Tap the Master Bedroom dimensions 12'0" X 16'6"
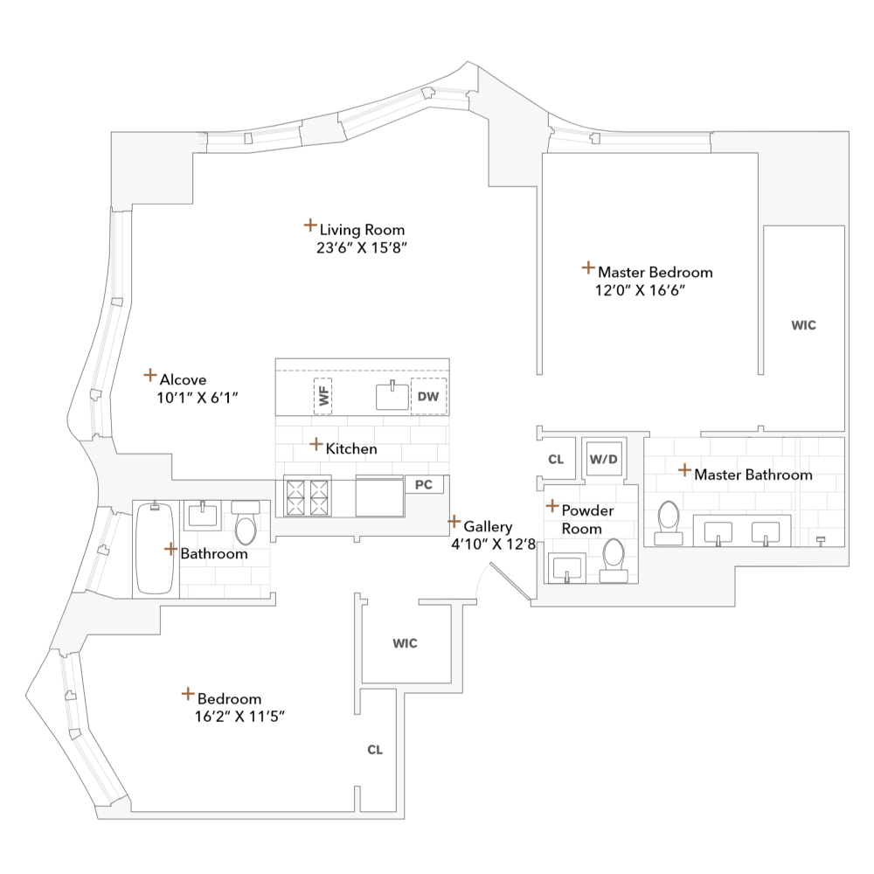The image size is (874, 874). (638, 290)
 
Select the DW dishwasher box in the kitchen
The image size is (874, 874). (428, 397)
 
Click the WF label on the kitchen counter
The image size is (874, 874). (323, 397)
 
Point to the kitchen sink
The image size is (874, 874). (392, 396)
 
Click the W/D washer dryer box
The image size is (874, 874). (603, 458)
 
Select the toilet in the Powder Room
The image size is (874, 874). (614, 558)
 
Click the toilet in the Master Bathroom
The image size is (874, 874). (669, 522)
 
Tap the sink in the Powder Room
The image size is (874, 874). (567, 567)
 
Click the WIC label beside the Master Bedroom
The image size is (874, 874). (803, 325)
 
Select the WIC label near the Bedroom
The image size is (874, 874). (405, 644)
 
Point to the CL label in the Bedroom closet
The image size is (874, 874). (375, 750)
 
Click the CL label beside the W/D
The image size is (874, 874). (556, 460)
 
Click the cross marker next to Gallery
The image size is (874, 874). (454, 522)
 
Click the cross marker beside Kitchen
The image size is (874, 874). (316, 444)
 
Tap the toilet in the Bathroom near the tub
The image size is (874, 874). (246, 524)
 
